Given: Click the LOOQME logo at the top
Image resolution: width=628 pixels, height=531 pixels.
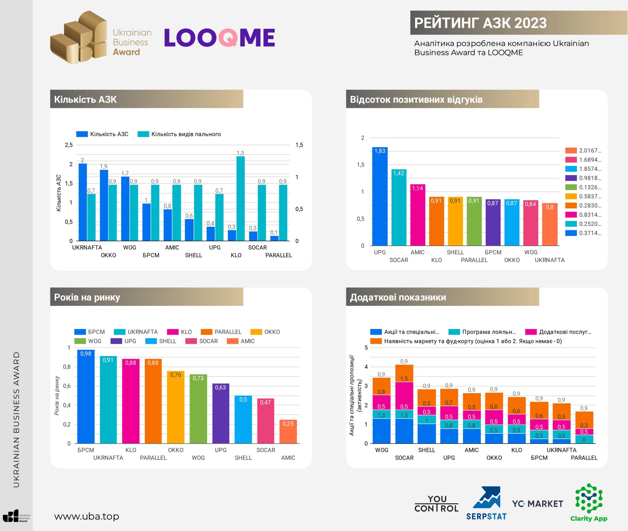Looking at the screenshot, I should [219, 38].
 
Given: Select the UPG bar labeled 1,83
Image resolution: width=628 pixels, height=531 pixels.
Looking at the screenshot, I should [380, 196].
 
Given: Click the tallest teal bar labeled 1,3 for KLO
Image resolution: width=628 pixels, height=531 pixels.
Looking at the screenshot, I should [240, 199].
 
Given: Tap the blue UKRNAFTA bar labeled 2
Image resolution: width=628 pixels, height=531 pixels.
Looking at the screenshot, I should [83, 202].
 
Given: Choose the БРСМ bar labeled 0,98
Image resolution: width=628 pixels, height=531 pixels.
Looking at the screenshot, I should [86, 397].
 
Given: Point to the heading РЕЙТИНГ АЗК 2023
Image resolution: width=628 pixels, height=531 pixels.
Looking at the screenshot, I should [480, 23].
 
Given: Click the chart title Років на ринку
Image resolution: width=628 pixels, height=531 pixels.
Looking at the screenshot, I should [87, 297].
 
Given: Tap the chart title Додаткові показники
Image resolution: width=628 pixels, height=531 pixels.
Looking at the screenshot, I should [398, 297].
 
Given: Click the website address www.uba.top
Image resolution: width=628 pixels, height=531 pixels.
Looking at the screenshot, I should [87, 516].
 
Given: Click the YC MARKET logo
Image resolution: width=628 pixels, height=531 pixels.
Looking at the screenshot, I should [538, 504].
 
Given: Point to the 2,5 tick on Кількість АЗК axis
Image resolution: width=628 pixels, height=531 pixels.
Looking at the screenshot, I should [69, 145].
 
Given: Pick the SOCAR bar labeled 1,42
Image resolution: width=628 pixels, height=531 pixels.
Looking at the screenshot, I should [399, 207].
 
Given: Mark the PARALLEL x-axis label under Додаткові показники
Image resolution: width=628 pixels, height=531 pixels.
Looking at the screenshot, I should [584, 458].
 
